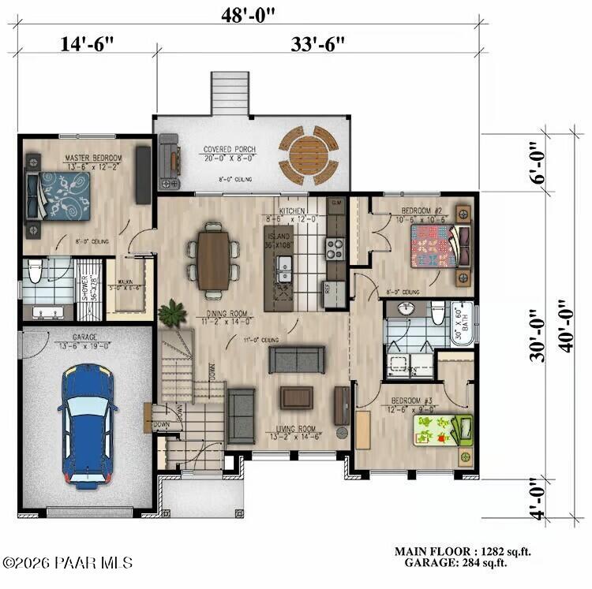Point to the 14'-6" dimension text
[87, 45]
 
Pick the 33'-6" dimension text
[317, 45]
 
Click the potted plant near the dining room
[171, 314]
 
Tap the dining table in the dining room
[213, 259]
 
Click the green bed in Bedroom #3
[442, 431]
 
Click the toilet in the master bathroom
[34, 273]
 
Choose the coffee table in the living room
[297, 397]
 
